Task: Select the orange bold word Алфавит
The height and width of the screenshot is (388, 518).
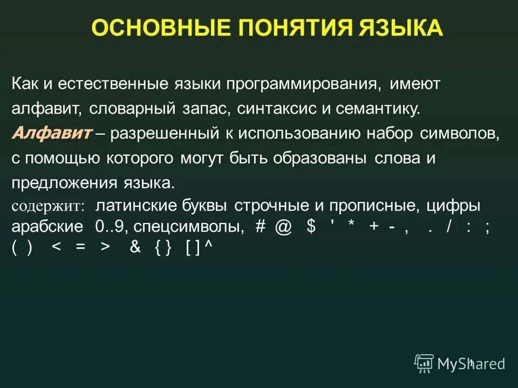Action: tap(51, 133)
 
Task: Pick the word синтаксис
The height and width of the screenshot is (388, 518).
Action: tap(292, 109)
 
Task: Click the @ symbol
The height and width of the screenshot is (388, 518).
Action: tap(283, 227)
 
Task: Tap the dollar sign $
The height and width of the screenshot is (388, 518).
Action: tap(311, 227)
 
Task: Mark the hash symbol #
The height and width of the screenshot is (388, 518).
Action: tap(261, 227)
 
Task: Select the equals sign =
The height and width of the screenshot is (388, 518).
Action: tap(80, 247)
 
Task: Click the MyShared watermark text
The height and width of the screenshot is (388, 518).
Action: tap(471, 364)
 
